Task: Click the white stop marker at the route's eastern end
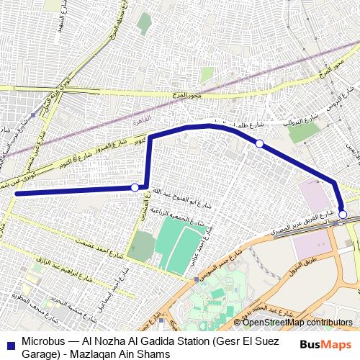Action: [x=343, y=215]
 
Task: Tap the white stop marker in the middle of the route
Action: [x=259, y=144]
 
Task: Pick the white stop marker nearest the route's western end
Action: [x=135, y=188]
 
